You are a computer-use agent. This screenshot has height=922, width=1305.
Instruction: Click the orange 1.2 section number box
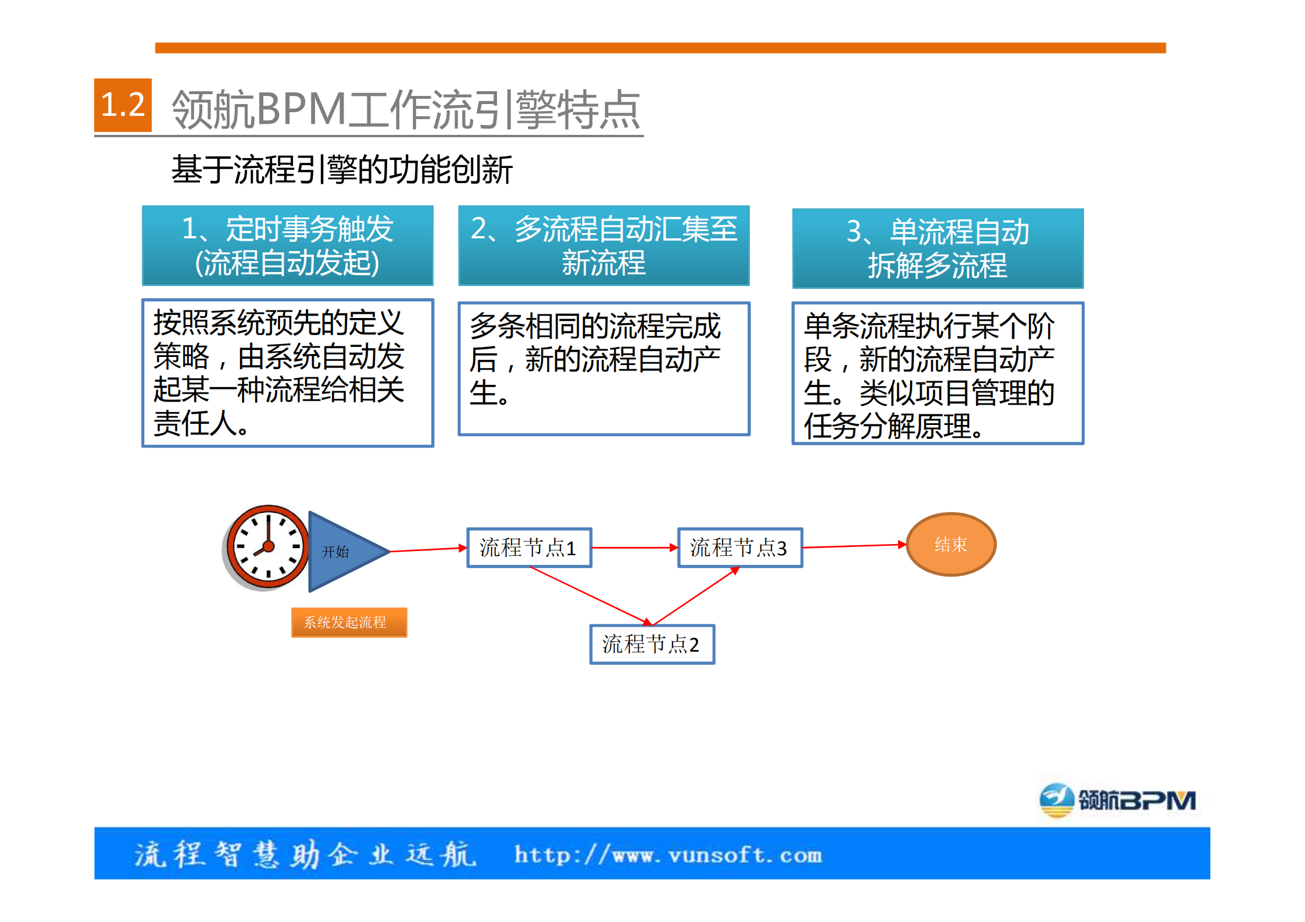pyautogui.click(x=123, y=105)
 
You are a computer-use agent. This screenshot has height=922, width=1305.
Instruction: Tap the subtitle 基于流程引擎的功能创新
pyautogui.click(x=342, y=170)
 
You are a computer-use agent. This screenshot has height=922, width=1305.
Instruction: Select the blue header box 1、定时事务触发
pyautogui.click(x=288, y=245)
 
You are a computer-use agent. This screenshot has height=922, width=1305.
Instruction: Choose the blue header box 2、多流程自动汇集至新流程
pyautogui.click(x=603, y=245)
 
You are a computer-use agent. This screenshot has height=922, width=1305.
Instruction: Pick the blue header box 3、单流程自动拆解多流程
pyautogui.click(x=938, y=248)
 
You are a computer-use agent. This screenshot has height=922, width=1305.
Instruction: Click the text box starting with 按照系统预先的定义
pyautogui.click(x=288, y=373)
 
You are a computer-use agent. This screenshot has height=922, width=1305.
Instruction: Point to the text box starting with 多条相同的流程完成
pyautogui.click(x=603, y=368)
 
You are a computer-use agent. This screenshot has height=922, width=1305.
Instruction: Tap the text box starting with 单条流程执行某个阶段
pyautogui.click(x=938, y=373)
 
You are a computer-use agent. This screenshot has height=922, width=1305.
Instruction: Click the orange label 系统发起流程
pyautogui.click(x=349, y=623)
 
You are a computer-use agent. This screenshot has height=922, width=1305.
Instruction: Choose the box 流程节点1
pyautogui.click(x=529, y=548)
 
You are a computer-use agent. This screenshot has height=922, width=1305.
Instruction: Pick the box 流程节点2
pyautogui.click(x=652, y=644)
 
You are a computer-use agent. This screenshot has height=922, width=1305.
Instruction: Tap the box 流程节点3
pyautogui.click(x=739, y=548)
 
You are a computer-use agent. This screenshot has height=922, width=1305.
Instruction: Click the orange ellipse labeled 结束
pyautogui.click(x=951, y=544)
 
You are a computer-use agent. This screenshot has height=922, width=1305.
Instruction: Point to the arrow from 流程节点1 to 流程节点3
pyautogui.click(x=634, y=548)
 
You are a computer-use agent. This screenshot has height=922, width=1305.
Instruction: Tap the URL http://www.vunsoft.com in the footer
pyautogui.click(x=668, y=855)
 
